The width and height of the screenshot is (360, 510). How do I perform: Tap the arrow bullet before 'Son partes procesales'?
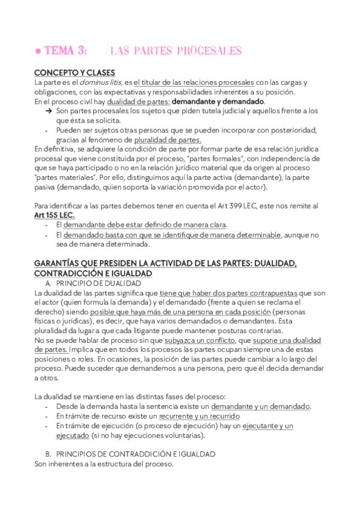point(48,111)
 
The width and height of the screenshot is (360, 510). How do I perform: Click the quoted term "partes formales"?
point(187,159)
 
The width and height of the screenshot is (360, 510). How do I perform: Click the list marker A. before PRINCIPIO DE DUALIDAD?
point(49,283)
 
